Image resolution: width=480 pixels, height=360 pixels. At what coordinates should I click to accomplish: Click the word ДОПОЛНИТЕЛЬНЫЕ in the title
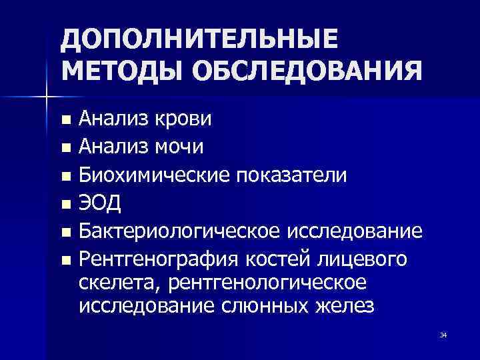click(200, 43)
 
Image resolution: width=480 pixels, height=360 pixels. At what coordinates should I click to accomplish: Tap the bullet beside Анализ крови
click(65, 120)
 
